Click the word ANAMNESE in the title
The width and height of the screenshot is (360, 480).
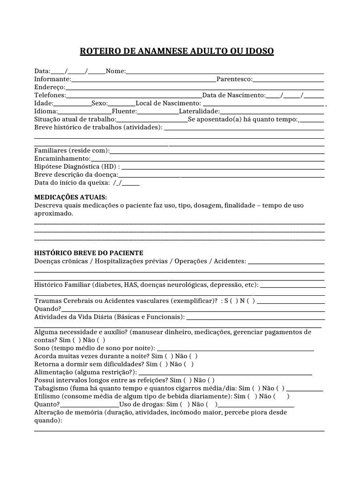[x=150, y=51]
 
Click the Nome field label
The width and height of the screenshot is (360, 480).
[x=115, y=71]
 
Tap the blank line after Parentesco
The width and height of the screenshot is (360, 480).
[x=288, y=79]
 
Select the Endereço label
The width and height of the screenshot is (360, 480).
[x=50, y=87]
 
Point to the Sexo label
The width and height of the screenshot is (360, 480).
[x=99, y=103]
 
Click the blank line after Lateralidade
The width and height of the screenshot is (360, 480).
[x=272, y=111]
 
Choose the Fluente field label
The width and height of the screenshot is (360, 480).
[x=124, y=111]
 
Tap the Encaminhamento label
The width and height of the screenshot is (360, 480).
[x=62, y=158]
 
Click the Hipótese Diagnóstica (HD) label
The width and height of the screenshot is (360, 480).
[x=77, y=166]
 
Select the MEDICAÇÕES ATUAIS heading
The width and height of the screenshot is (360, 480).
[x=70, y=197]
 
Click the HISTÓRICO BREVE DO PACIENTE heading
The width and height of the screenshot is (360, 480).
[x=89, y=253]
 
